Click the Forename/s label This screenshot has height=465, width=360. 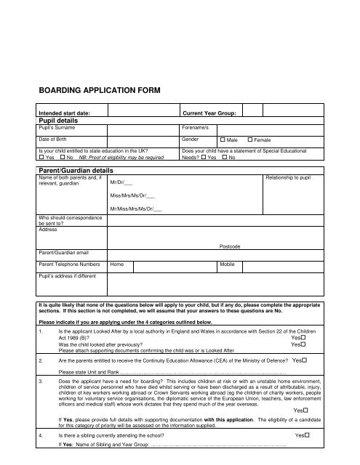196,127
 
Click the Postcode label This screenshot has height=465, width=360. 230,247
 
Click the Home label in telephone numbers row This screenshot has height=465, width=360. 117,265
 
